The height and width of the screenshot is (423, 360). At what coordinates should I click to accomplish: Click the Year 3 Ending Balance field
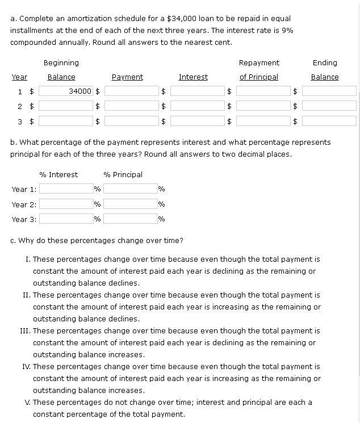329,120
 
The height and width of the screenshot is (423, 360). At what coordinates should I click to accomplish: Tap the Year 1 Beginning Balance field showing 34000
65,91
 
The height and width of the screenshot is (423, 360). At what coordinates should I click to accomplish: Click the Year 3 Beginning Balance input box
65,120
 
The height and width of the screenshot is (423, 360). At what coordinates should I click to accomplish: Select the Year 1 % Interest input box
65,189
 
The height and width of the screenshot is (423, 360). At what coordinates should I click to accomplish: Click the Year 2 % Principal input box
130,204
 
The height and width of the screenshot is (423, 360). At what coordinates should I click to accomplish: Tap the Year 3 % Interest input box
65,219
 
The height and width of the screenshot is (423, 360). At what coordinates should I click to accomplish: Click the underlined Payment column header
127,77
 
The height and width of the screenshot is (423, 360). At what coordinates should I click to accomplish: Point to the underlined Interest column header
193,77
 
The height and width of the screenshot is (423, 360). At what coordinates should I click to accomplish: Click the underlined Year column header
19,77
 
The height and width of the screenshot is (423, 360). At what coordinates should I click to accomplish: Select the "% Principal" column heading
123,174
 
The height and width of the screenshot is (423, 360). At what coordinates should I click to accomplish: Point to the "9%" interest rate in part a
287,30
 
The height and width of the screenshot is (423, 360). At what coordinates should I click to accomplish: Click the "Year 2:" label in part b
24,204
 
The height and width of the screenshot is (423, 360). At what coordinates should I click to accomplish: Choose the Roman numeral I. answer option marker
28,259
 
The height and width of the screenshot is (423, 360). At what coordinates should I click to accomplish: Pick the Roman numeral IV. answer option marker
27,367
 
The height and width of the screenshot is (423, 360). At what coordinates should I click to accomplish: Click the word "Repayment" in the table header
259,62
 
